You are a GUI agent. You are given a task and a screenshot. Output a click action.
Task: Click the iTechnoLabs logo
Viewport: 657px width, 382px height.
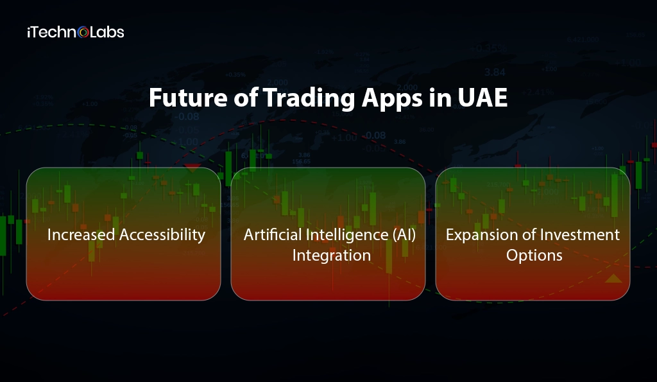click(76, 31)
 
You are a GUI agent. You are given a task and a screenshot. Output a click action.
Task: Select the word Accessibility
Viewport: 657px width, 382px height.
click(164, 235)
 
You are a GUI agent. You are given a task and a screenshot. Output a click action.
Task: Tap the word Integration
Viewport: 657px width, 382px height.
click(331, 256)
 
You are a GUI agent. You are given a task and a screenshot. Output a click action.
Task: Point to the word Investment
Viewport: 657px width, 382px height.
click(581, 235)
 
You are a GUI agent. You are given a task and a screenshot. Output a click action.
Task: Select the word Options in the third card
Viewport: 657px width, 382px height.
click(534, 256)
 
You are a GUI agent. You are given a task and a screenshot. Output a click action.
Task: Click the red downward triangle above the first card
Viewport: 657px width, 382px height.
click(192, 168)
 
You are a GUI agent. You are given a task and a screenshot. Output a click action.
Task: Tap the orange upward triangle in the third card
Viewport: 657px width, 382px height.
click(613, 279)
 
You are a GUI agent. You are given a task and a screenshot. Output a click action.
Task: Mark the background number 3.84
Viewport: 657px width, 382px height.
click(494, 72)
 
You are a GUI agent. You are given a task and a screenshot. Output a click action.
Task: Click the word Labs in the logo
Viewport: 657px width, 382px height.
click(107, 31)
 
